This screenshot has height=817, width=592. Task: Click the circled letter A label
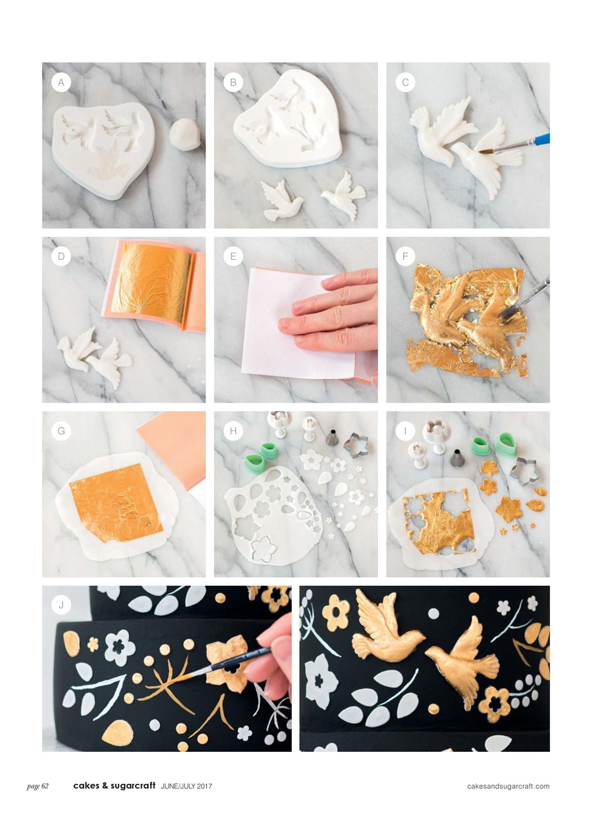click(x=61, y=82)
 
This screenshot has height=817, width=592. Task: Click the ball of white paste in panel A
click(x=185, y=135)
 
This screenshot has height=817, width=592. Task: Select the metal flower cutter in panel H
click(x=356, y=445)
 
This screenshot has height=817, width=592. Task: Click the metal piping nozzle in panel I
click(x=457, y=458)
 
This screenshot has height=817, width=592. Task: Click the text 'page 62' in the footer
click(x=38, y=786)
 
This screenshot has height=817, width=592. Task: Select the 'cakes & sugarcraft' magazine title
click(x=114, y=786)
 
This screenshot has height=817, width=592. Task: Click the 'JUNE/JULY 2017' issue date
click(x=186, y=786)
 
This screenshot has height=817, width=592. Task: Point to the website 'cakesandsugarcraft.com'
click(x=508, y=786)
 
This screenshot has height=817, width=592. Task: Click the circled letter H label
click(x=233, y=431)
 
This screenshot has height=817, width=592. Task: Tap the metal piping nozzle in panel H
click(x=332, y=438)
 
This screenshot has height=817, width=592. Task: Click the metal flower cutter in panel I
click(x=522, y=470)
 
